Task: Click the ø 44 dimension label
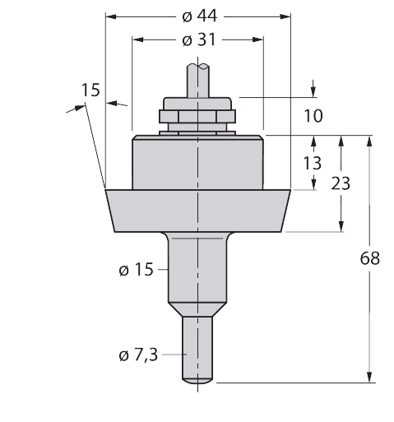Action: click(x=199, y=16)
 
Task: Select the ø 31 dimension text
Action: click(x=199, y=39)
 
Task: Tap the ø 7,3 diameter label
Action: click(x=138, y=355)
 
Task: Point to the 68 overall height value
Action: click(x=369, y=258)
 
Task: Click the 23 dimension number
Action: click(x=341, y=183)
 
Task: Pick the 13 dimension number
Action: click(x=313, y=163)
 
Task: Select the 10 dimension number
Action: click(x=313, y=115)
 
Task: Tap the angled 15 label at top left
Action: click(x=90, y=90)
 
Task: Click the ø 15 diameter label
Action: click(x=136, y=269)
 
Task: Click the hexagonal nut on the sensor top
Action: click(x=197, y=117)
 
